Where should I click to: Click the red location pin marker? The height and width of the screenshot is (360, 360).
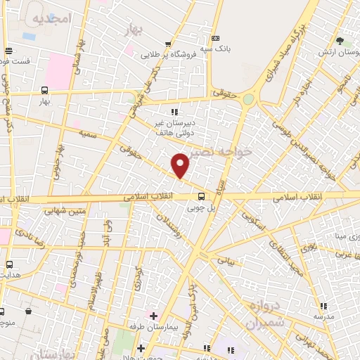coord(181,165)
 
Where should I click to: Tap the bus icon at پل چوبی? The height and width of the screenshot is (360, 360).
coord(202,196)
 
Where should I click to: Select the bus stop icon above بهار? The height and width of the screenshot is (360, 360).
coord(45,90)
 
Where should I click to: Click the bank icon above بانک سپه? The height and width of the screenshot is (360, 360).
coord(216,38)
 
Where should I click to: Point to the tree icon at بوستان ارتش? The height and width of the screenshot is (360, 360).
coord(340,41)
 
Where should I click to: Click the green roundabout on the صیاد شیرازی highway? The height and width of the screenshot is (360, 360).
coord(248,100)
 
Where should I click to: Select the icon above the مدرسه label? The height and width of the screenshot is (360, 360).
coord(323,306)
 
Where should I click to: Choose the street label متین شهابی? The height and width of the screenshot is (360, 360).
coord(64,209)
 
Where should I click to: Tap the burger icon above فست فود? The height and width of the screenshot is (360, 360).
coord(8,51)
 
